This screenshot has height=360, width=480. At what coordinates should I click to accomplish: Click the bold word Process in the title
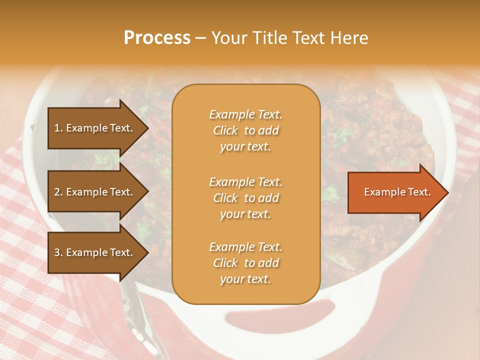(x=157, y=38)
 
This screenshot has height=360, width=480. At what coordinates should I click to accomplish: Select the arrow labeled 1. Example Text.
(x=95, y=128)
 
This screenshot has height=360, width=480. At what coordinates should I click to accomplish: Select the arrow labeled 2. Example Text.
(x=95, y=192)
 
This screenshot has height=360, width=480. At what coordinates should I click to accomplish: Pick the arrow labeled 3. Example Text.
(x=95, y=252)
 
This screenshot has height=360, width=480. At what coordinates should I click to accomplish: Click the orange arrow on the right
(x=395, y=192)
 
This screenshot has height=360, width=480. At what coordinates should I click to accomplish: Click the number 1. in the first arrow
(x=58, y=128)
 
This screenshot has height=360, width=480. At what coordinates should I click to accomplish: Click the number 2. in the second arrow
(x=58, y=192)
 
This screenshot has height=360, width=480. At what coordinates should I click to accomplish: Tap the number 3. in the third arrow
(x=58, y=252)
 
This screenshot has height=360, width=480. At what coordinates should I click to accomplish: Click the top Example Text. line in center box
(x=245, y=114)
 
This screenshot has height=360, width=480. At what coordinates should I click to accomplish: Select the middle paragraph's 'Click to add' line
(x=245, y=198)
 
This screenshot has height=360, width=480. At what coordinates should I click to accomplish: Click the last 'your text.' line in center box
(x=245, y=279)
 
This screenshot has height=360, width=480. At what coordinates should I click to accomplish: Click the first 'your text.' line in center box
(x=245, y=146)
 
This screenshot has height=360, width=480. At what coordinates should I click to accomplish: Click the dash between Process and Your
(x=200, y=38)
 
